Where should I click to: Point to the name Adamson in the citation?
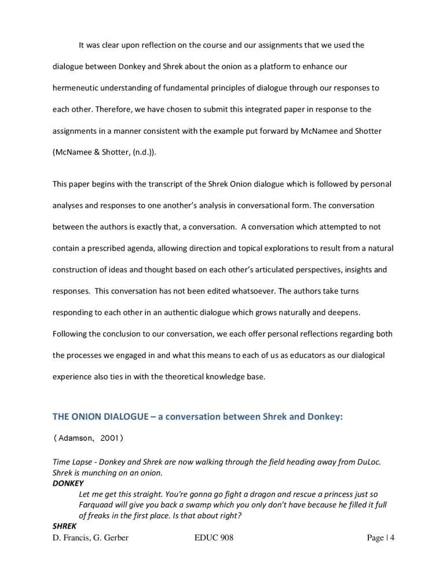pos(75,438)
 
